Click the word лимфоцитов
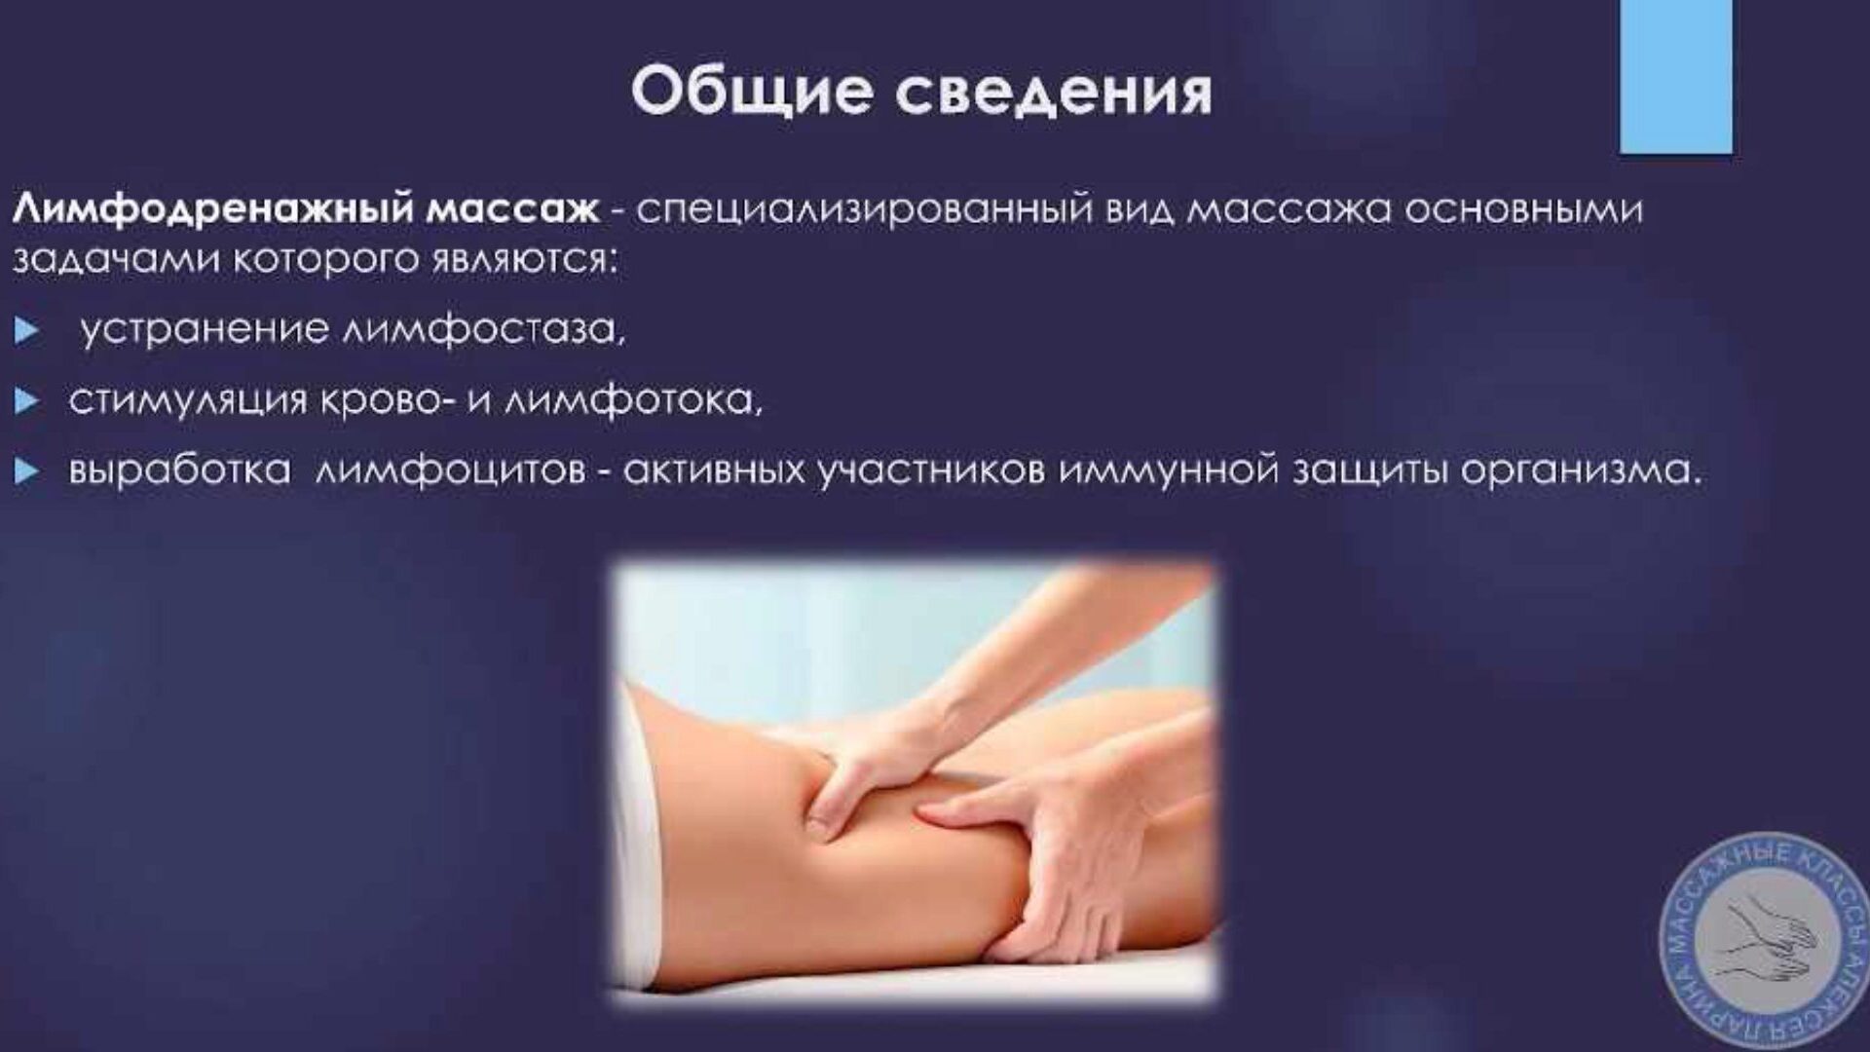click(x=450, y=471)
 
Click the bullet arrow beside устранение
click(x=27, y=331)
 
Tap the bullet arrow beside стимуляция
click(x=27, y=401)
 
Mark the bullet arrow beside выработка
click(x=27, y=472)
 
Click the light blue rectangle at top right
click(x=1676, y=76)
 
